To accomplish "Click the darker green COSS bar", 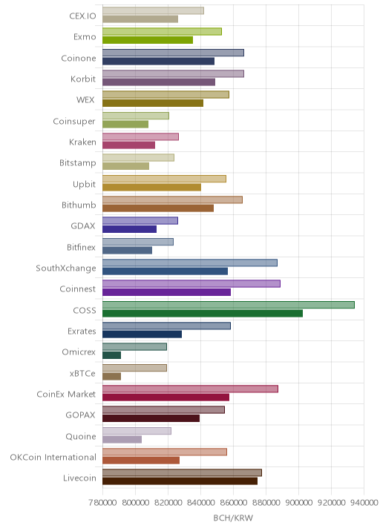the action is (x=203, y=313).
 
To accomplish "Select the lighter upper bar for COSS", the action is (x=229, y=305).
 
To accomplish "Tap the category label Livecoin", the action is (x=79, y=478).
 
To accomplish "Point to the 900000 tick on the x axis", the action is (x=298, y=503).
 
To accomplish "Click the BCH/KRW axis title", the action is (x=233, y=518).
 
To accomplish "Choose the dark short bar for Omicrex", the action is (x=111, y=355).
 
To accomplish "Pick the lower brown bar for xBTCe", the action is (x=111, y=376).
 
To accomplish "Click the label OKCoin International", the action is (x=53, y=457).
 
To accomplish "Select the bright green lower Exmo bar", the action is (x=148, y=40).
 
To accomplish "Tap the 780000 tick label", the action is (x=102, y=503).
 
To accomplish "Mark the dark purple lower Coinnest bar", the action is (x=166, y=292).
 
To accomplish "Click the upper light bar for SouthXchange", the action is (x=190, y=263).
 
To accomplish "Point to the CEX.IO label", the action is (x=82, y=16).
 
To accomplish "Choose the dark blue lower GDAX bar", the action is (x=129, y=229).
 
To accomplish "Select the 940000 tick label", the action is (x=364, y=503).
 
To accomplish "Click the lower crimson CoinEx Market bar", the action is (x=166, y=398).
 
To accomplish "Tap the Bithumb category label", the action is (x=79, y=205).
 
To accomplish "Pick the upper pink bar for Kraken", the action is (x=141, y=136).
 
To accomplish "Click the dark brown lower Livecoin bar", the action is (x=180, y=481).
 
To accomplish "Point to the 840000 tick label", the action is (x=200, y=503).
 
